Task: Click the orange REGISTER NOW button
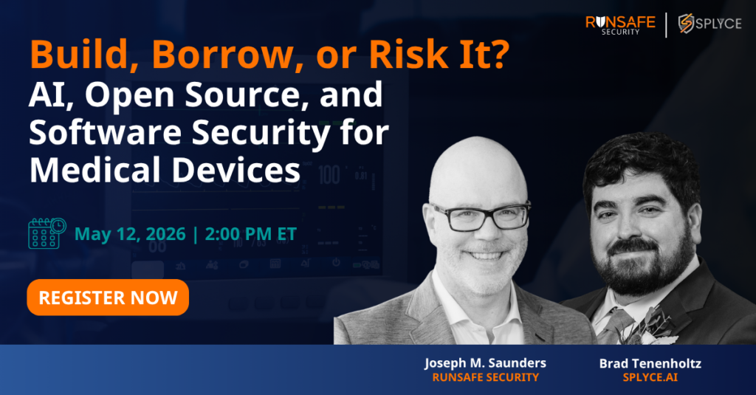(108, 298)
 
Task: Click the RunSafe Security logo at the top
(620, 24)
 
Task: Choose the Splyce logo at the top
(710, 24)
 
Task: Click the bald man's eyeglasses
(481, 216)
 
